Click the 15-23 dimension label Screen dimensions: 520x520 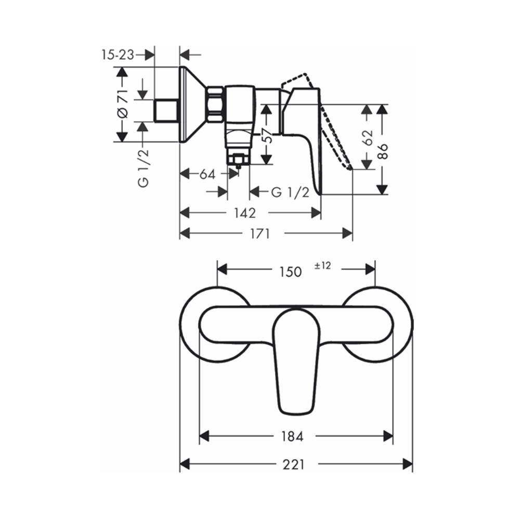[118, 55]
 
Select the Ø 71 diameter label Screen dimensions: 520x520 [123, 104]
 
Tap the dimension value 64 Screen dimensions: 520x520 [207, 174]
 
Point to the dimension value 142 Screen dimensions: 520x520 [245, 213]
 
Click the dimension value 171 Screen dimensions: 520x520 [260, 234]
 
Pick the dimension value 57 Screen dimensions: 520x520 [267, 136]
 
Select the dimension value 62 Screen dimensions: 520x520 [368, 138]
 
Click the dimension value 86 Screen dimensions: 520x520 [383, 151]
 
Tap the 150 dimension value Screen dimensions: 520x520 [291, 271]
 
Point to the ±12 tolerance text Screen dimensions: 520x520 [323, 266]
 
